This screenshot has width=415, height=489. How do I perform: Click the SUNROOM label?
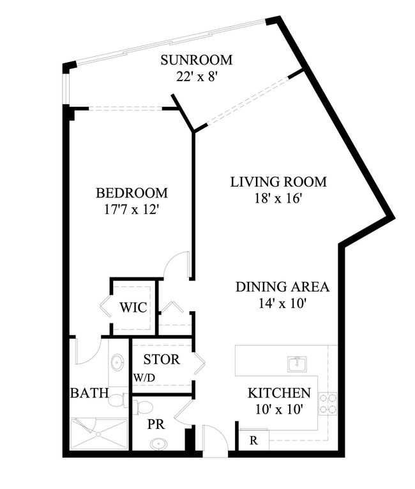197,60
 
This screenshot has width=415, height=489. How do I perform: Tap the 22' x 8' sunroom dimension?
196,77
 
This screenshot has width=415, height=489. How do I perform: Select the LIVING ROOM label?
278,182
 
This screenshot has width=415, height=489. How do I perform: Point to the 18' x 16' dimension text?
278,198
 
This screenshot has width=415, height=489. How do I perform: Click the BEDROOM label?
132,193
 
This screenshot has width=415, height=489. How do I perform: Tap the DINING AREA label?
282,287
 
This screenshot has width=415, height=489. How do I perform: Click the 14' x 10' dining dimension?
282,303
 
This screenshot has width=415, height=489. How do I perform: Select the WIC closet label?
133,308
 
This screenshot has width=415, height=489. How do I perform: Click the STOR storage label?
162,360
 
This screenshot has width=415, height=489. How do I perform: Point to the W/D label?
144,378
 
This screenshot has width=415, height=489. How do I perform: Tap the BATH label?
90,393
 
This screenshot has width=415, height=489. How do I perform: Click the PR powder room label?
156,424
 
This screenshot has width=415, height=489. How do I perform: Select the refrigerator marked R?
254,440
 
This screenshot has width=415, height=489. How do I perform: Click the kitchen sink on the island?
298,364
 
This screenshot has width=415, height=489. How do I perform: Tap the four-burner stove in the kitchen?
328,403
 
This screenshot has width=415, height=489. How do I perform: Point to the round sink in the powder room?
158,444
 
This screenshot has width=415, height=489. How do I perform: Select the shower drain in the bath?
98,434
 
